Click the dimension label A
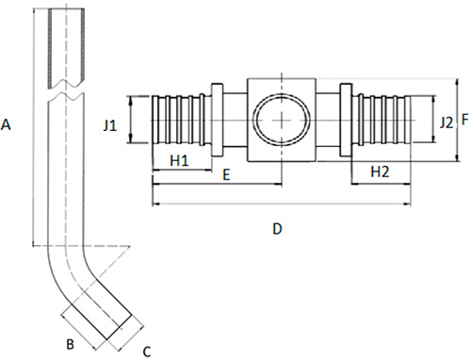[6, 124]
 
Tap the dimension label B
[70, 344]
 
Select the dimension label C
[147, 352]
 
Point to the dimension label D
[277, 229]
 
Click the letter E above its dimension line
[226, 175]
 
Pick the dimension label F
[465, 120]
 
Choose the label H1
[179, 161]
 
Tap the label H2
[380, 172]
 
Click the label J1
[110, 126]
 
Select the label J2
[447, 123]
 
